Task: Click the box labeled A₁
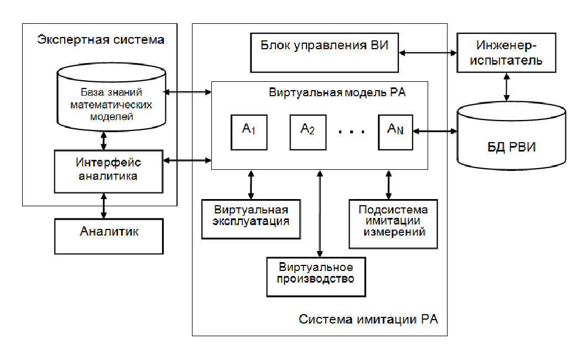247,132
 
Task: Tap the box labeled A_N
396,132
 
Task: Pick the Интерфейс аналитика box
108,170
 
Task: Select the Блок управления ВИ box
324,52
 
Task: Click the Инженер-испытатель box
506,53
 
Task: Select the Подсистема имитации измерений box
394,222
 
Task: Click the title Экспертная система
101,40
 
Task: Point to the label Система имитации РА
368,320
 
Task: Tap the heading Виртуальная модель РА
337,92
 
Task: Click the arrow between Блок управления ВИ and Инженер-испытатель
428,53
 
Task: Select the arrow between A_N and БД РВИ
434,132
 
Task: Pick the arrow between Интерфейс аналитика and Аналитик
103,205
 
